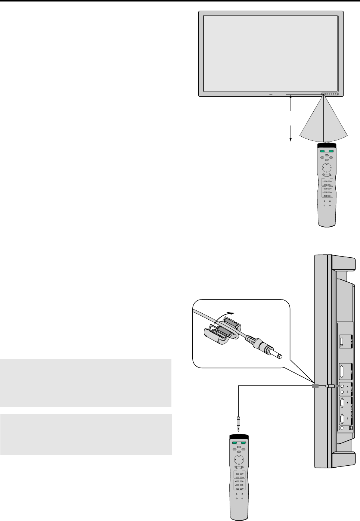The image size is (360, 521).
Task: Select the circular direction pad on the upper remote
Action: click(327, 167)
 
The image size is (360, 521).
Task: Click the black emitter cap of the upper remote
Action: click(327, 145)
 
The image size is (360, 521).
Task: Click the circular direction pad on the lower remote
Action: click(239, 459)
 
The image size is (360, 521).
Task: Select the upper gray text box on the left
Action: click(86, 383)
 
